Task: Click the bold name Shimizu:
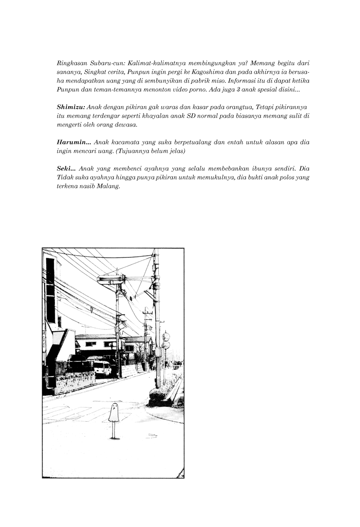(x=72, y=107)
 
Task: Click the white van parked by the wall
(x=102, y=368)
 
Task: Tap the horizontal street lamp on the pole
(x=110, y=278)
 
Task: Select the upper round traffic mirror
(x=166, y=337)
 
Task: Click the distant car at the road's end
(x=177, y=365)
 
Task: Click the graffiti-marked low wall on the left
(x=75, y=381)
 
